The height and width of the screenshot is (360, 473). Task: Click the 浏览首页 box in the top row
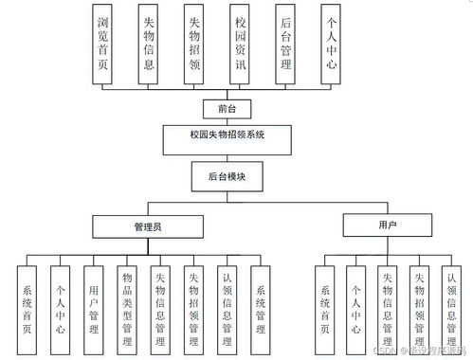click(105, 37)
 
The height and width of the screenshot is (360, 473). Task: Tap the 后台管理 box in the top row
click(284, 37)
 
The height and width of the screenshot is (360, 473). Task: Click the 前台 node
click(227, 107)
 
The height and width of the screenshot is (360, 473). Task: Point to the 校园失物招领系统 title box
click(227, 136)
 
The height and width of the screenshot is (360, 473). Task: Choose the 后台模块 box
click(227, 176)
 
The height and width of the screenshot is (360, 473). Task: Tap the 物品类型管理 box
click(127, 301)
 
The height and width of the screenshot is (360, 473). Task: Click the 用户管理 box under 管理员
click(94, 301)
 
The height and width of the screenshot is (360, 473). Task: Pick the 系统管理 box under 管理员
click(261, 301)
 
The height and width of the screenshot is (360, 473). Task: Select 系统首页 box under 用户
click(324, 301)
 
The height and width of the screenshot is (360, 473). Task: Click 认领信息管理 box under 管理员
click(227, 301)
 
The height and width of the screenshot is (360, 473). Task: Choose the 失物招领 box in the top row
click(194, 37)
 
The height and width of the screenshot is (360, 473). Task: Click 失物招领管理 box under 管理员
click(193, 301)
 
